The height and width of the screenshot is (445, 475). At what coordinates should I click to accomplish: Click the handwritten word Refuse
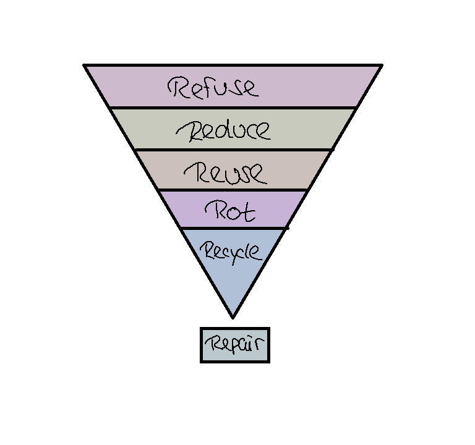[x=213, y=87]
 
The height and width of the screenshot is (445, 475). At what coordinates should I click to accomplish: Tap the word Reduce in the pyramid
[x=223, y=130]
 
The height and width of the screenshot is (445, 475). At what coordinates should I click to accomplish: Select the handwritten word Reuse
[x=227, y=171]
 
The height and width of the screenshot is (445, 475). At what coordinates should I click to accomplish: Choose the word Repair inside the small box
[x=235, y=344]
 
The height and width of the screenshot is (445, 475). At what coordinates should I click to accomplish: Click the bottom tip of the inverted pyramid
[x=233, y=317]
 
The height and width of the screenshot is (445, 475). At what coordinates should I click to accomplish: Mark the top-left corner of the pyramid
[x=85, y=65]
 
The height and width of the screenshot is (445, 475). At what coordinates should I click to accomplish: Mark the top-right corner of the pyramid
[x=380, y=65]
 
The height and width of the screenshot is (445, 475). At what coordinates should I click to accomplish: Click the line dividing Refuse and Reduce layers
[x=233, y=108]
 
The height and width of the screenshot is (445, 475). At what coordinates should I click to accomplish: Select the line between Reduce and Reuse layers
[x=233, y=150]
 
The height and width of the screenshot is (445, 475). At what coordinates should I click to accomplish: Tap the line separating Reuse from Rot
[x=233, y=190]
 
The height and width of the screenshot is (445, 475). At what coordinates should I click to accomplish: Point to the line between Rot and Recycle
[x=233, y=228]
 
